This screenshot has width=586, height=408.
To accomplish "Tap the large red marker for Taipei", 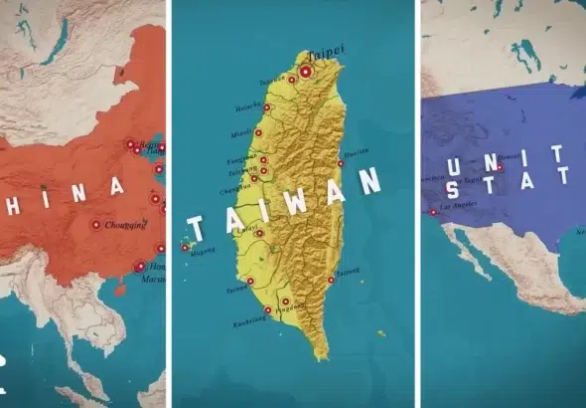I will [x=306, y=72].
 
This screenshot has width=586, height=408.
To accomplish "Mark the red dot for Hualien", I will [x=341, y=162].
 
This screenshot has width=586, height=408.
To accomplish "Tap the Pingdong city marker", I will [x=285, y=302].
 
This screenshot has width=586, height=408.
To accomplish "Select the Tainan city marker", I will [x=250, y=282].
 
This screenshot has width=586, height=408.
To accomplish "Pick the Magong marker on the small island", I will [x=186, y=246].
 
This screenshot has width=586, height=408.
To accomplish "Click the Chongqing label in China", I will [x=124, y=225].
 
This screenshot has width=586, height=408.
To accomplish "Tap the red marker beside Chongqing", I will [x=96, y=225].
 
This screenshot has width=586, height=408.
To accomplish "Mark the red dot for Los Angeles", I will [x=433, y=212].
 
